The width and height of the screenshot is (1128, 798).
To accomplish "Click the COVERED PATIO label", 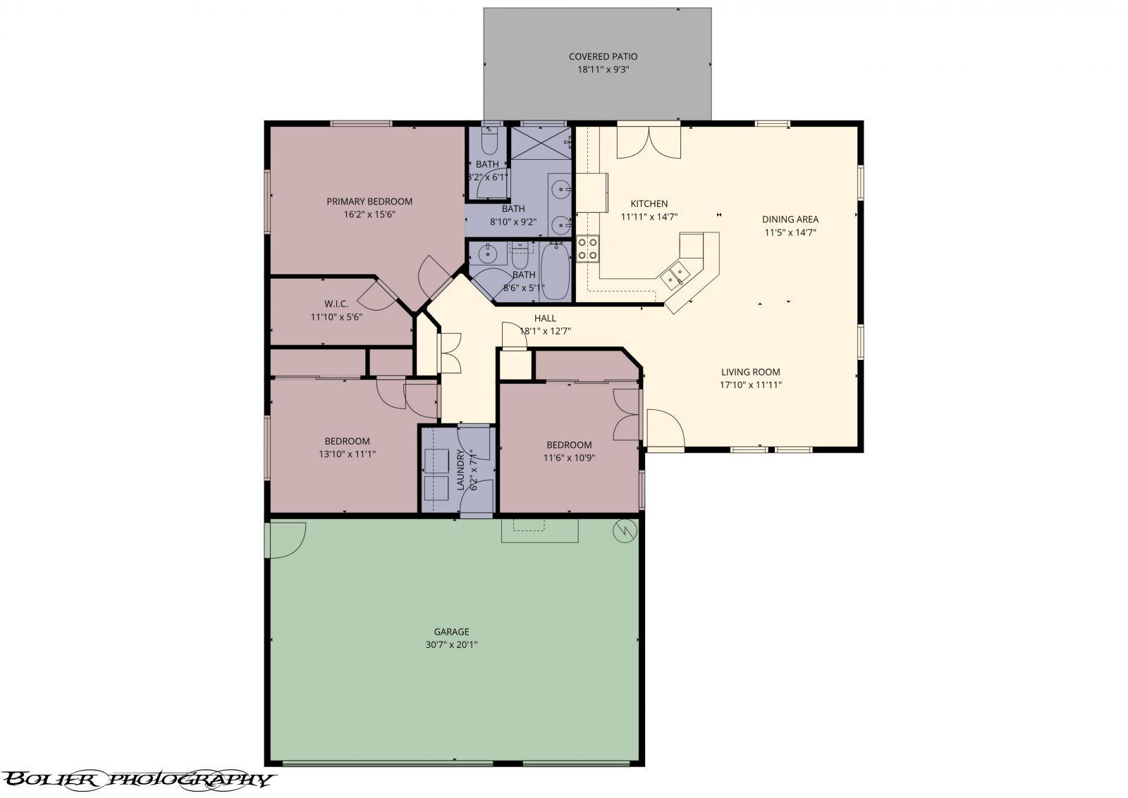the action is coord(603,57).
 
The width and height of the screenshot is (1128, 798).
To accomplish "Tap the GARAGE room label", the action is coord(451,632).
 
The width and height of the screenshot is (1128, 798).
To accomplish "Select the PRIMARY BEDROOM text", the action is coord(369,201).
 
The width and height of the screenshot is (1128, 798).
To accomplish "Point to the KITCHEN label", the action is coord(649,204).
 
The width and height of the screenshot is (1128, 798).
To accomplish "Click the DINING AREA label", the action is coord(790,219).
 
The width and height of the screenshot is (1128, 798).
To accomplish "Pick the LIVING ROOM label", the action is coord(750,373).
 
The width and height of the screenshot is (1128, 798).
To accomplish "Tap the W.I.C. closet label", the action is coord(336,304).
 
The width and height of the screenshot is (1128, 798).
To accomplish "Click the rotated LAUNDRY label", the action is coord(460,470).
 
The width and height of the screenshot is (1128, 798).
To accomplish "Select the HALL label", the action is coord(545,318).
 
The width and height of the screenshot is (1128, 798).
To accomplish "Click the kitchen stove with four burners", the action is coord(587,249).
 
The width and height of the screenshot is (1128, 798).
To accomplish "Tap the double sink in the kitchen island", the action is coord(675,275).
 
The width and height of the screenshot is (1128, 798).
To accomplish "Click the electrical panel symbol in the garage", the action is coord(625,530).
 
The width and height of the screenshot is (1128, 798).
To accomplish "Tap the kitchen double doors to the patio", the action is coord(649,142).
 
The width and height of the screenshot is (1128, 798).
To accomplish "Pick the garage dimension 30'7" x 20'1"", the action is coord(451,644).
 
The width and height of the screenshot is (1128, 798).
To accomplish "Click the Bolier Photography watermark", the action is coord(137,780).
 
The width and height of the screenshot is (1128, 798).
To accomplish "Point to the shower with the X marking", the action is coord(541,144).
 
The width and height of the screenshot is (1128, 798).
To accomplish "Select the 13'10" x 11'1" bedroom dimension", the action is coord(347,454).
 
